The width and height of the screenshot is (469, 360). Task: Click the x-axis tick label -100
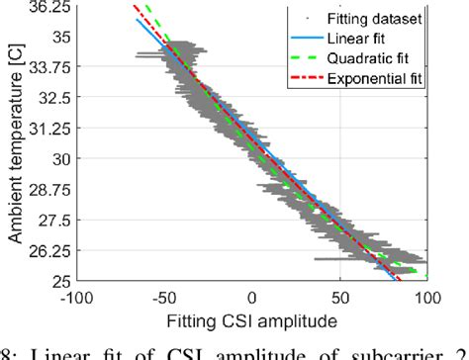click(77, 296)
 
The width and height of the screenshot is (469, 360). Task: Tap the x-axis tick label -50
click(165, 296)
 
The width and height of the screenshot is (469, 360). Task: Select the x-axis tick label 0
click(252, 296)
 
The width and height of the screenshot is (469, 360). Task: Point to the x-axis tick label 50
click(339, 296)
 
